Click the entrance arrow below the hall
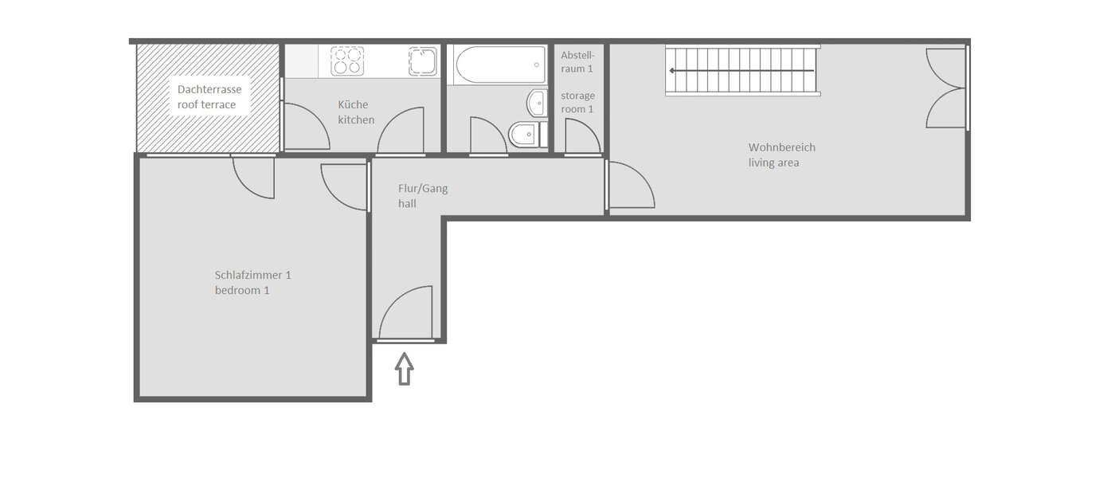point(405,369)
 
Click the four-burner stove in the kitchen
point(347,61)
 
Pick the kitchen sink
point(423,61)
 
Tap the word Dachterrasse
point(209,89)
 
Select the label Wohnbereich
point(781,147)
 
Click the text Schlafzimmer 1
point(252,275)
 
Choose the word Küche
point(354,104)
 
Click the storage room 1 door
point(582,136)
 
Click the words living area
point(773,163)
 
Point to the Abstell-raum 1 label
point(577,62)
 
